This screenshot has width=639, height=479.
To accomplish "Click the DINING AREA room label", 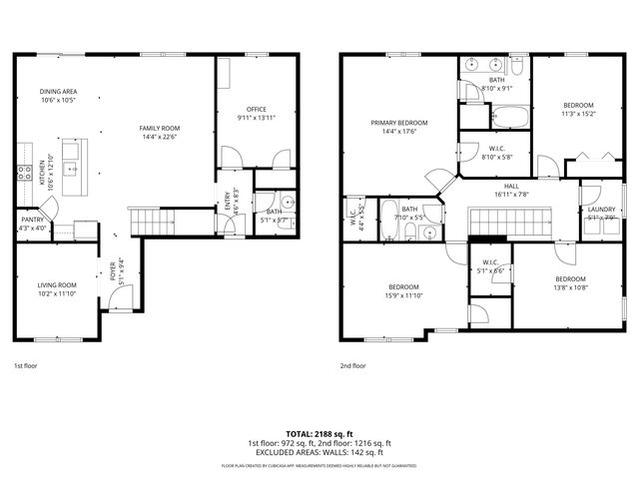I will pos(59,92).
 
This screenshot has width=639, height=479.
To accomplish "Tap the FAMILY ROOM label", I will pos(159,128).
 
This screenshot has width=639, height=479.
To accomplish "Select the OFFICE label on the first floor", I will pos(257,109).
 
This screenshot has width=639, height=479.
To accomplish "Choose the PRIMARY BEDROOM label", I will pos(398,123).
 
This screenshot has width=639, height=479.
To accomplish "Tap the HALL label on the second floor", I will pos(510,186).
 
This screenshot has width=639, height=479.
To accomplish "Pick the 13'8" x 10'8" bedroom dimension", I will pos(569,286).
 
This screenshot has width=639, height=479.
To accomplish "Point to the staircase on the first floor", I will pos(145,218).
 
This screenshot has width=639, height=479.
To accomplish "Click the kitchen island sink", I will pos(72,168).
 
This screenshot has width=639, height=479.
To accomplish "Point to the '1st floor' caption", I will pos(26,366).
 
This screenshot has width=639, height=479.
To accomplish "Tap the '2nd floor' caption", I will pos(353,366).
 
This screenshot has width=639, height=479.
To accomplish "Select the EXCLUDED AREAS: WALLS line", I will pos(319,451).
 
